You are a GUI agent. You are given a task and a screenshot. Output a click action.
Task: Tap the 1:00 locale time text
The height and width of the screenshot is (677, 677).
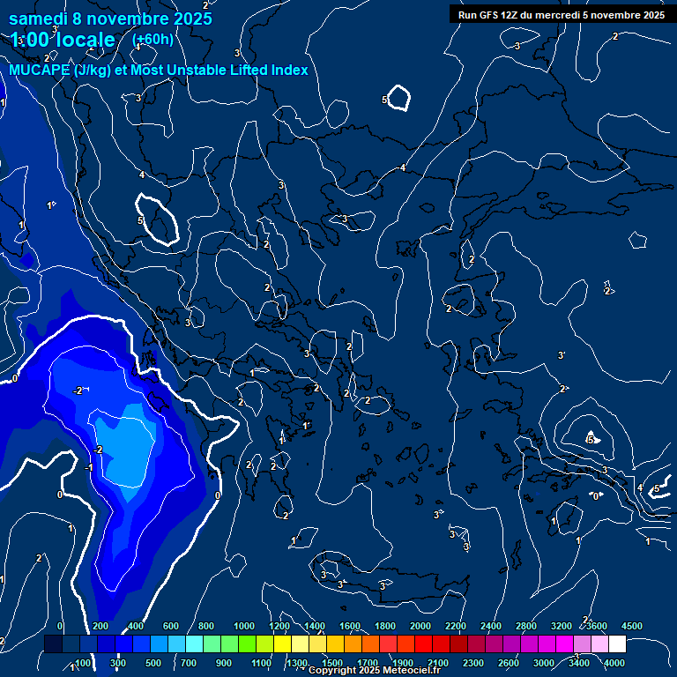63,40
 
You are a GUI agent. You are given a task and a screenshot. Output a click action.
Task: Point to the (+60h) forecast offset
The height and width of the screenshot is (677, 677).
153,40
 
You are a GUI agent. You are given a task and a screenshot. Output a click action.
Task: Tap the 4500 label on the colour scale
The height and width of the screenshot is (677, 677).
632,627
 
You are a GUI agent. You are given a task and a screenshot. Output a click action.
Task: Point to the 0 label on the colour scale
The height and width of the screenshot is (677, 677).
61,627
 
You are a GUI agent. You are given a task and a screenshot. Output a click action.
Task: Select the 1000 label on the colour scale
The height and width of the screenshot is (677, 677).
244,627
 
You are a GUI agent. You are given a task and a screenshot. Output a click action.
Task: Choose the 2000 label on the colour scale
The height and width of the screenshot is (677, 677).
420,627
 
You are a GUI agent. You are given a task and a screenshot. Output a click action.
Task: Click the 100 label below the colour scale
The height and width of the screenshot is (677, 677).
83,663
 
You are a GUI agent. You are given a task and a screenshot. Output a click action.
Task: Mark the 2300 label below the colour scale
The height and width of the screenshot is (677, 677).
472,663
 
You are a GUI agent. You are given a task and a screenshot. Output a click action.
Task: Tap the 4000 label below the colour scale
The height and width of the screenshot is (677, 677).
614,663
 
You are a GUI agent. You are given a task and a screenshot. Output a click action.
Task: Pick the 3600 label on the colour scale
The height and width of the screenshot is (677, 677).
597,627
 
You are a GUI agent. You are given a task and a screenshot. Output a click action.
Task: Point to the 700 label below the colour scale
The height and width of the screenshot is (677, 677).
188,663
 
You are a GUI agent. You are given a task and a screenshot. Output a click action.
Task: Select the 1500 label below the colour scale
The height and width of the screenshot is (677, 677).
332,663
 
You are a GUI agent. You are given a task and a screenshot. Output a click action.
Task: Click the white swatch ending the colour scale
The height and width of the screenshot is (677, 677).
617,644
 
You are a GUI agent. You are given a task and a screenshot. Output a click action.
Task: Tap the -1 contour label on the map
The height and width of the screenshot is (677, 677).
89,467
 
